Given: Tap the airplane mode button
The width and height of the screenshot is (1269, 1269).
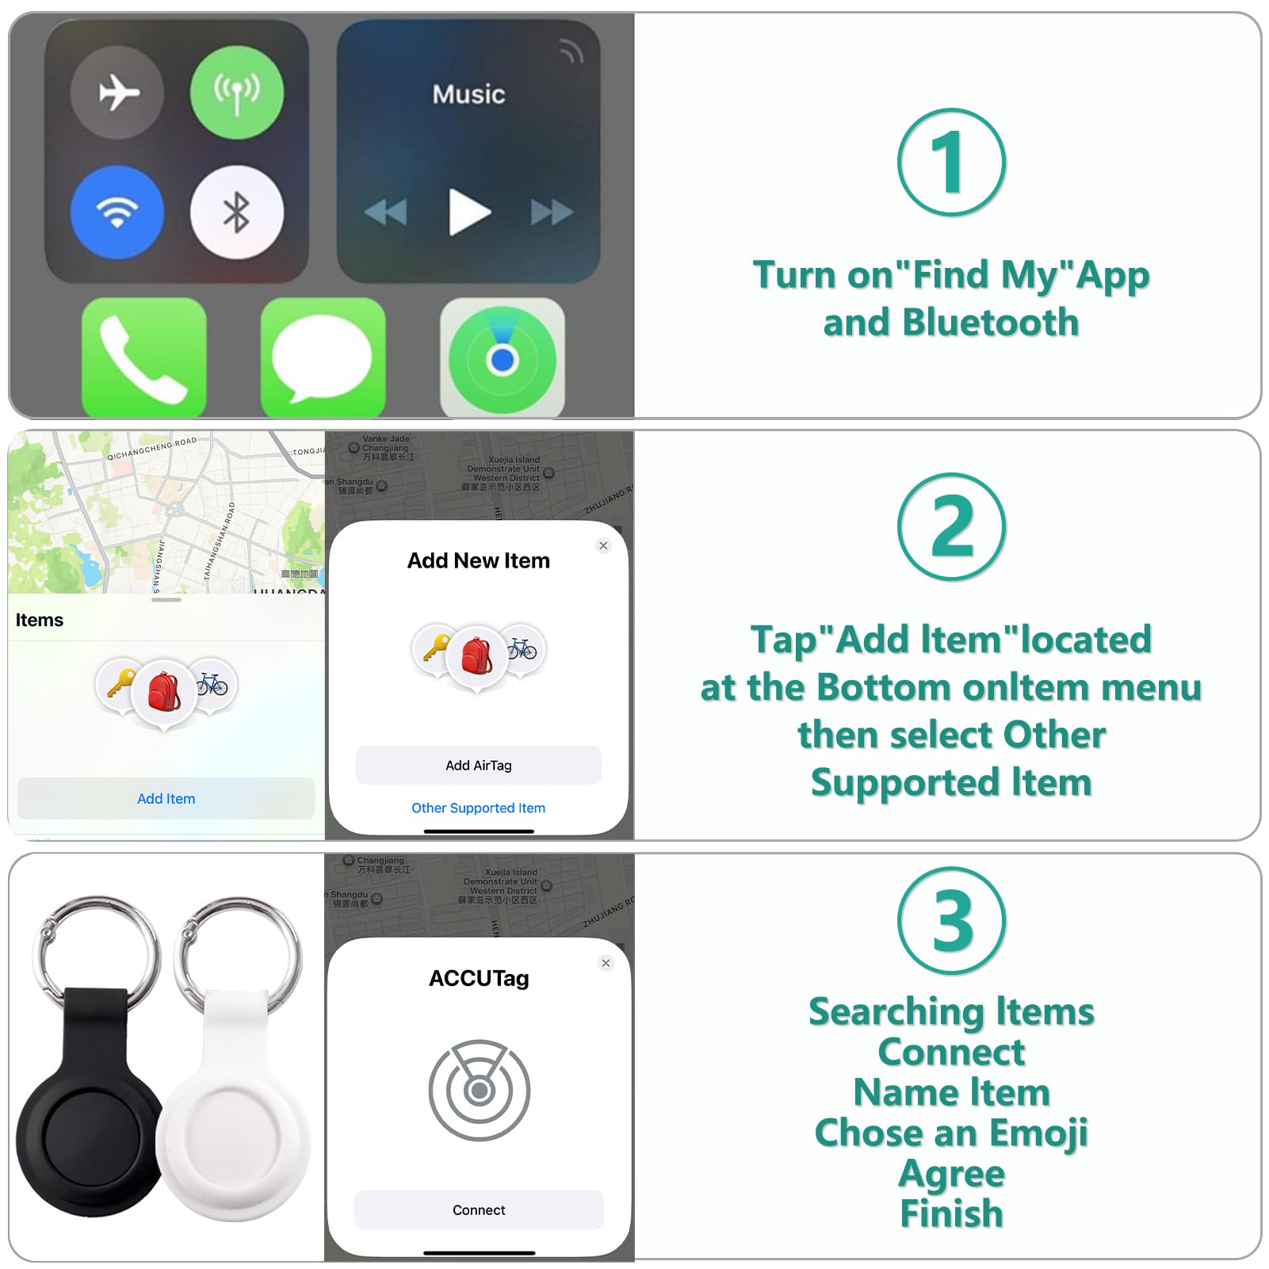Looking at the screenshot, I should [x=117, y=93].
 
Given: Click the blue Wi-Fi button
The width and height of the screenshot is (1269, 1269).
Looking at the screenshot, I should [x=117, y=212].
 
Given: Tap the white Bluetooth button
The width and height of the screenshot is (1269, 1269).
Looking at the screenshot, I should [x=236, y=212].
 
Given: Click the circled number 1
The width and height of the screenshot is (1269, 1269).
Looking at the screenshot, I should [x=951, y=162].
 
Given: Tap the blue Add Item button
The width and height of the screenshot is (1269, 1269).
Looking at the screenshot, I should [x=166, y=798].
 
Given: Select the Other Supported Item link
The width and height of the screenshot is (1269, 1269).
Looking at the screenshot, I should [x=478, y=808].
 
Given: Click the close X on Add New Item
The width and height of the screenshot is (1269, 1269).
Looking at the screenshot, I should [x=603, y=545].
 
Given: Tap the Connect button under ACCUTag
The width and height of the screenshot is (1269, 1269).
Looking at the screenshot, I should [x=479, y=1210].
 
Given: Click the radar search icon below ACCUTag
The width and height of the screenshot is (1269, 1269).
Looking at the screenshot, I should [x=479, y=1091].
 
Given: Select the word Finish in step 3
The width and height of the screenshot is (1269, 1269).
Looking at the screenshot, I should [x=951, y=1214].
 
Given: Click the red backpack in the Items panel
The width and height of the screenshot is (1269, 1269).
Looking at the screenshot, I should [x=164, y=691].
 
